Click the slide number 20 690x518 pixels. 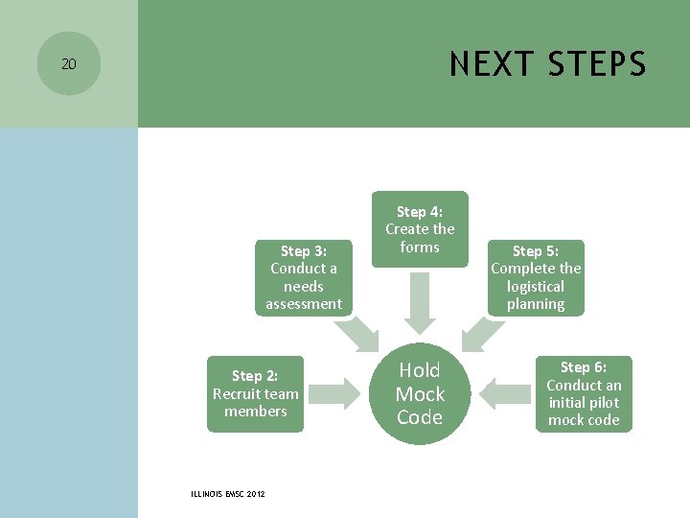68,64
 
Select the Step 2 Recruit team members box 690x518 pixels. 256,393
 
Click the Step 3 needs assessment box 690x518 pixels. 304,277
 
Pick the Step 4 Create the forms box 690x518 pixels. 420,229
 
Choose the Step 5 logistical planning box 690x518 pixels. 536,277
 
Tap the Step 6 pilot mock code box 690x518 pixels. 584,393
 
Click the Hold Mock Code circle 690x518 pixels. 420,393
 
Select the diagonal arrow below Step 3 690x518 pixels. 357,332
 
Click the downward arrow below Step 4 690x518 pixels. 420,298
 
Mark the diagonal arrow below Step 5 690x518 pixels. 482,332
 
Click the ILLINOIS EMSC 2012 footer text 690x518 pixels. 229,494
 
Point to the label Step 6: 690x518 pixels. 584,367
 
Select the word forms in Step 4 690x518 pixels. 420,247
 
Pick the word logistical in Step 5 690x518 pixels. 536,286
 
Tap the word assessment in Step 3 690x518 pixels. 304,303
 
